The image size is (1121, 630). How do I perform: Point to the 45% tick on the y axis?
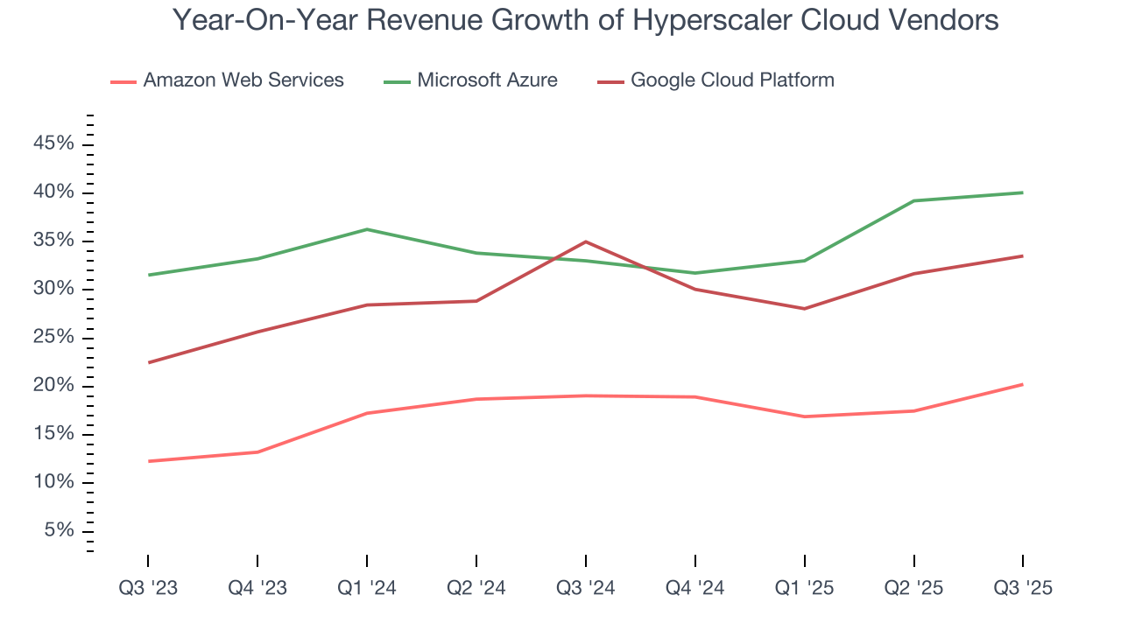coord(53,144)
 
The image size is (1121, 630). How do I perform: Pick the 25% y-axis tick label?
coord(53,338)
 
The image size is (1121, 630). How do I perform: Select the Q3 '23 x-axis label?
coord(148,588)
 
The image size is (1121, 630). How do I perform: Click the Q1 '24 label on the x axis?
coord(367,588)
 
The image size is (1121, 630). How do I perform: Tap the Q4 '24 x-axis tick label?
coord(695,588)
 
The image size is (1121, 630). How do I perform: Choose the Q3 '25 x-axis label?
coord(1023,588)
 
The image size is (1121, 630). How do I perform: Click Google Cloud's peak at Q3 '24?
coord(585,241)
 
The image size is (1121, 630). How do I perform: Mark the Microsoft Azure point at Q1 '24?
coord(367,229)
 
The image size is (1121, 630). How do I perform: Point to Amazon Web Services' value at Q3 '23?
coord(148,461)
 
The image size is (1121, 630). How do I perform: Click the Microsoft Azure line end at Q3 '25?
coord(1023,192)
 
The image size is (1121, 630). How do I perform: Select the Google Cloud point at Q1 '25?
coord(804,308)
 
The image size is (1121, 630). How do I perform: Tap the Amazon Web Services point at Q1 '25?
coord(804,416)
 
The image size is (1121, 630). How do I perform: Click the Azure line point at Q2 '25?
coord(913,200)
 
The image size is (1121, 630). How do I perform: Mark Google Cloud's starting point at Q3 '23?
coord(148,362)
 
